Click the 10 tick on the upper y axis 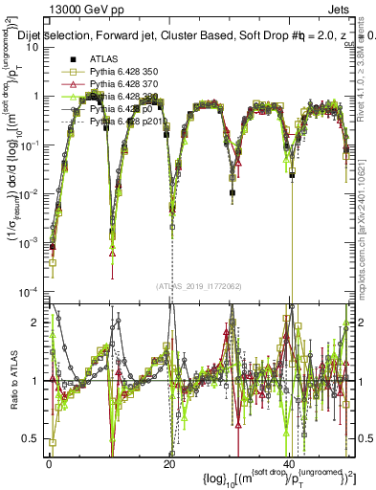pos(35,47)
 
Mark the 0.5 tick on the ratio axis pos(34,438)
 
